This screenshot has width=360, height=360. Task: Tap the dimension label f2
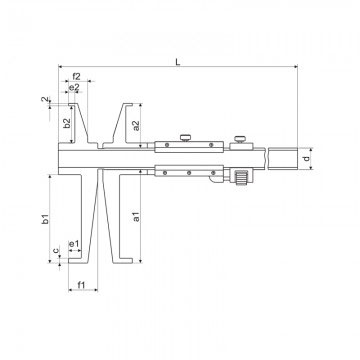point(77,77)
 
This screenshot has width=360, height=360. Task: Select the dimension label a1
point(136,216)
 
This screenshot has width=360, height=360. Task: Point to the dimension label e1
point(73,244)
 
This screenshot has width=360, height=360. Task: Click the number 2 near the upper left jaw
point(45,100)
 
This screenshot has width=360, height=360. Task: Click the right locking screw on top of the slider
point(239,139)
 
